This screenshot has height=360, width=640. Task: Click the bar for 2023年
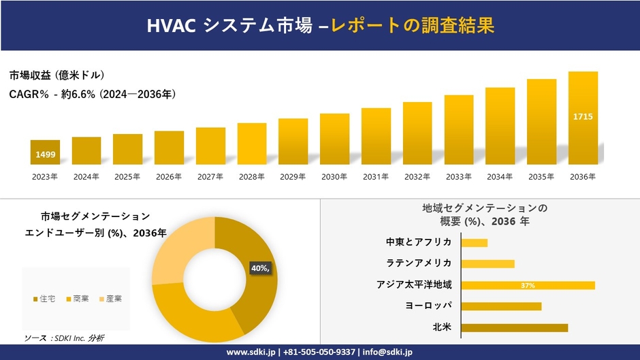(45, 152)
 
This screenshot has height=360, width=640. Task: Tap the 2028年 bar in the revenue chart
(252, 144)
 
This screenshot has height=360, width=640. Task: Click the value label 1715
(583, 116)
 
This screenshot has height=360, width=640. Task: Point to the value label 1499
(46, 155)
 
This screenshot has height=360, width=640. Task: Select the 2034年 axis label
(500, 177)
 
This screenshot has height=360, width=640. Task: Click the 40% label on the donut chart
(259, 268)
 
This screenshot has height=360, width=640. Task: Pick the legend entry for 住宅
(46, 299)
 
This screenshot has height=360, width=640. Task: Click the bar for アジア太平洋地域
(528, 285)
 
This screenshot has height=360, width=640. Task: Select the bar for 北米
(514, 327)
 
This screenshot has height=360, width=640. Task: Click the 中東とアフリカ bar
(475, 243)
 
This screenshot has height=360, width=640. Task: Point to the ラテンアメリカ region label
(423, 263)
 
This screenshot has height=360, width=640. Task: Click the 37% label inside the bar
(528, 286)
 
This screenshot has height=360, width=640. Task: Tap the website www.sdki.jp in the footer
(250, 352)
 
